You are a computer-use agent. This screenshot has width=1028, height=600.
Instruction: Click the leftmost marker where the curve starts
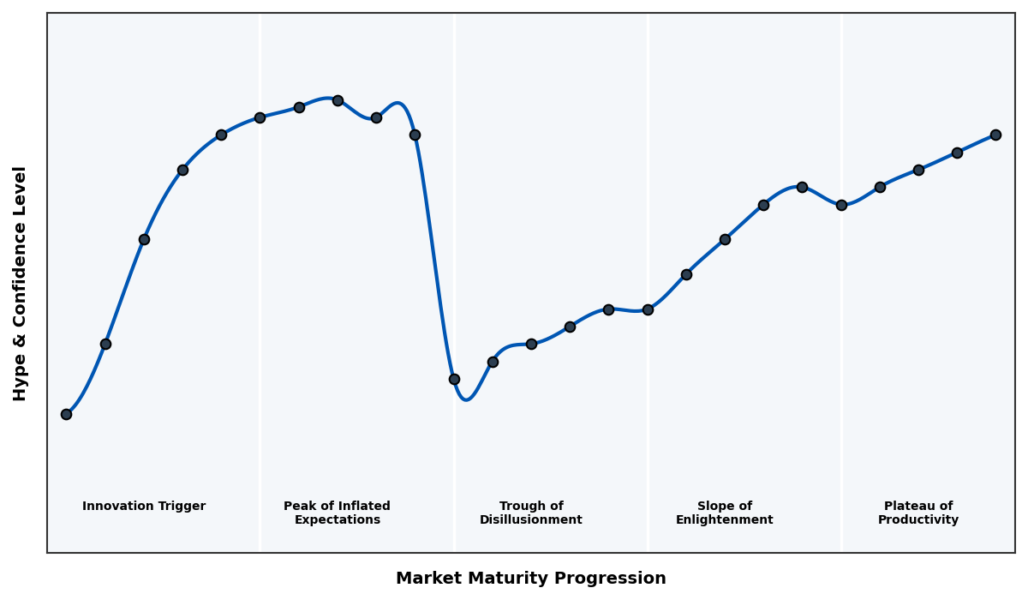pyautogui.click(x=66, y=414)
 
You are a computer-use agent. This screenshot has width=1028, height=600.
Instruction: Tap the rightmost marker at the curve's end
pyautogui.click(x=995, y=135)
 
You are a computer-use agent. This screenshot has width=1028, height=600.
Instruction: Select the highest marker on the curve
pyautogui.click(x=338, y=100)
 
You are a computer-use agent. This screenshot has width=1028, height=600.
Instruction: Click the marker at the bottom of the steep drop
pyautogui.click(x=454, y=379)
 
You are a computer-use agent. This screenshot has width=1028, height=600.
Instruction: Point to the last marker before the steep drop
pyautogui.click(x=415, y=135)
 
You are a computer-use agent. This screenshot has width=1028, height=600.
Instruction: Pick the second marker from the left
pyautogui.click(x=105, y=344)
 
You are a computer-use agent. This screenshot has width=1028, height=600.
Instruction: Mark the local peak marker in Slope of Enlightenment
pyautogui.click(x=802, y=187)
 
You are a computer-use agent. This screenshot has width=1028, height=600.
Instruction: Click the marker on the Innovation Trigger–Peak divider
pyautogui.click(x=260, y=117)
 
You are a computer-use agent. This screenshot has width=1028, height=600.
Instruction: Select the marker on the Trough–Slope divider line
pyautogui.click(x=648, y=309)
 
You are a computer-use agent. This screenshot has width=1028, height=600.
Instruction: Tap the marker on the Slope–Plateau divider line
pyautogui.click(x=841, y=205)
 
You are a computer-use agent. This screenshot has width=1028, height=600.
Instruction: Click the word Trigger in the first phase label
pyautogui.click(x=181, y=507)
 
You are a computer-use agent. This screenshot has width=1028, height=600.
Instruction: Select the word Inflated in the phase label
pyautogui.click(x=361, y=507)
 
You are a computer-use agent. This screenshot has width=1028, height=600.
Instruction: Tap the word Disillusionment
pyautogui.click(x=531, y=520)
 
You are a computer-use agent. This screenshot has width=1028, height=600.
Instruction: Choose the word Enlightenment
pyautogui.click(x=725, y=520)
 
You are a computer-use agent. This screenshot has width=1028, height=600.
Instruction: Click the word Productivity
pyautogui.click(x=918, y=520)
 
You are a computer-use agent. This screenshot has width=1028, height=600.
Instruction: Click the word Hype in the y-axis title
pyautogui.click(x=21, y=379)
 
